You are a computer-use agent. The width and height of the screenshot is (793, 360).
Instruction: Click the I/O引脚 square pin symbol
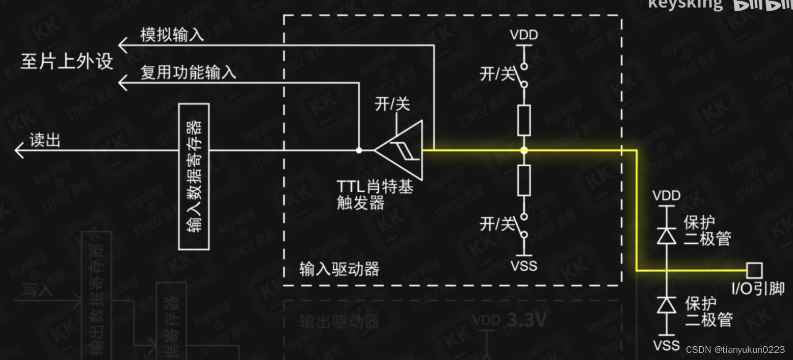(x=754, y=270)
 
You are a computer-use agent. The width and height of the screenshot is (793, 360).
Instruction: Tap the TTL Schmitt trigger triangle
(x=401, y=150)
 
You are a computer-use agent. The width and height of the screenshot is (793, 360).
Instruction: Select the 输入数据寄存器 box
(x=194, y=176)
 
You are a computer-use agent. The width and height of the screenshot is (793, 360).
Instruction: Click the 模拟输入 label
(x=172, y=35)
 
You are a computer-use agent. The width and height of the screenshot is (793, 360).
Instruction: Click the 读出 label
(x=45, y=140)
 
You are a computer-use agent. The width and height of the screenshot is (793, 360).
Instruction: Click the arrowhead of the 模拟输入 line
(x=123, y=45)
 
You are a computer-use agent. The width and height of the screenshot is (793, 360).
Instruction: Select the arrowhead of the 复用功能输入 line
(x=123, y=82)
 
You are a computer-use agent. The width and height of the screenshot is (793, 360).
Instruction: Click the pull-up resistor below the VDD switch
(x=524, y=120)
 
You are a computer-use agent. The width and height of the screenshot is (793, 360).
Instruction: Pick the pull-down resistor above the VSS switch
(x=524, y=181)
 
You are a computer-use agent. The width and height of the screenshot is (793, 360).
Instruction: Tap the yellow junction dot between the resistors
(x=524, y=150)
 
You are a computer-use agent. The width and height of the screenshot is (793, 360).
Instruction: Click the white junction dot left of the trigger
(x=359, y=150)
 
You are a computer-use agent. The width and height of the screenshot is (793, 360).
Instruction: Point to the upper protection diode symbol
(x=666, y=235)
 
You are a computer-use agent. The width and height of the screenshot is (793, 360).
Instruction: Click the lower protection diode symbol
(x=666, y=305)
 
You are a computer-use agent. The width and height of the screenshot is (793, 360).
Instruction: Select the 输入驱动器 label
(x=339, y=269)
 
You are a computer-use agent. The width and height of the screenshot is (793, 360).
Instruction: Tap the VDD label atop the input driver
(x=524, y=36)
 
